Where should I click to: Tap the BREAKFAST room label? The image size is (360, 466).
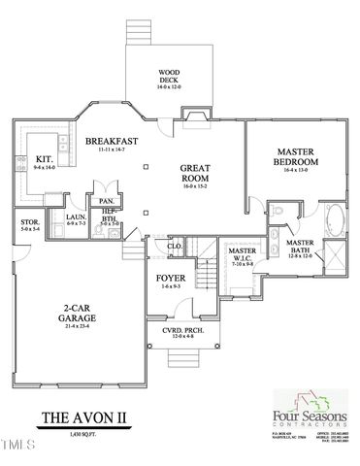[111, 142]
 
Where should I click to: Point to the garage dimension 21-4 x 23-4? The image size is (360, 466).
[75, 326]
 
